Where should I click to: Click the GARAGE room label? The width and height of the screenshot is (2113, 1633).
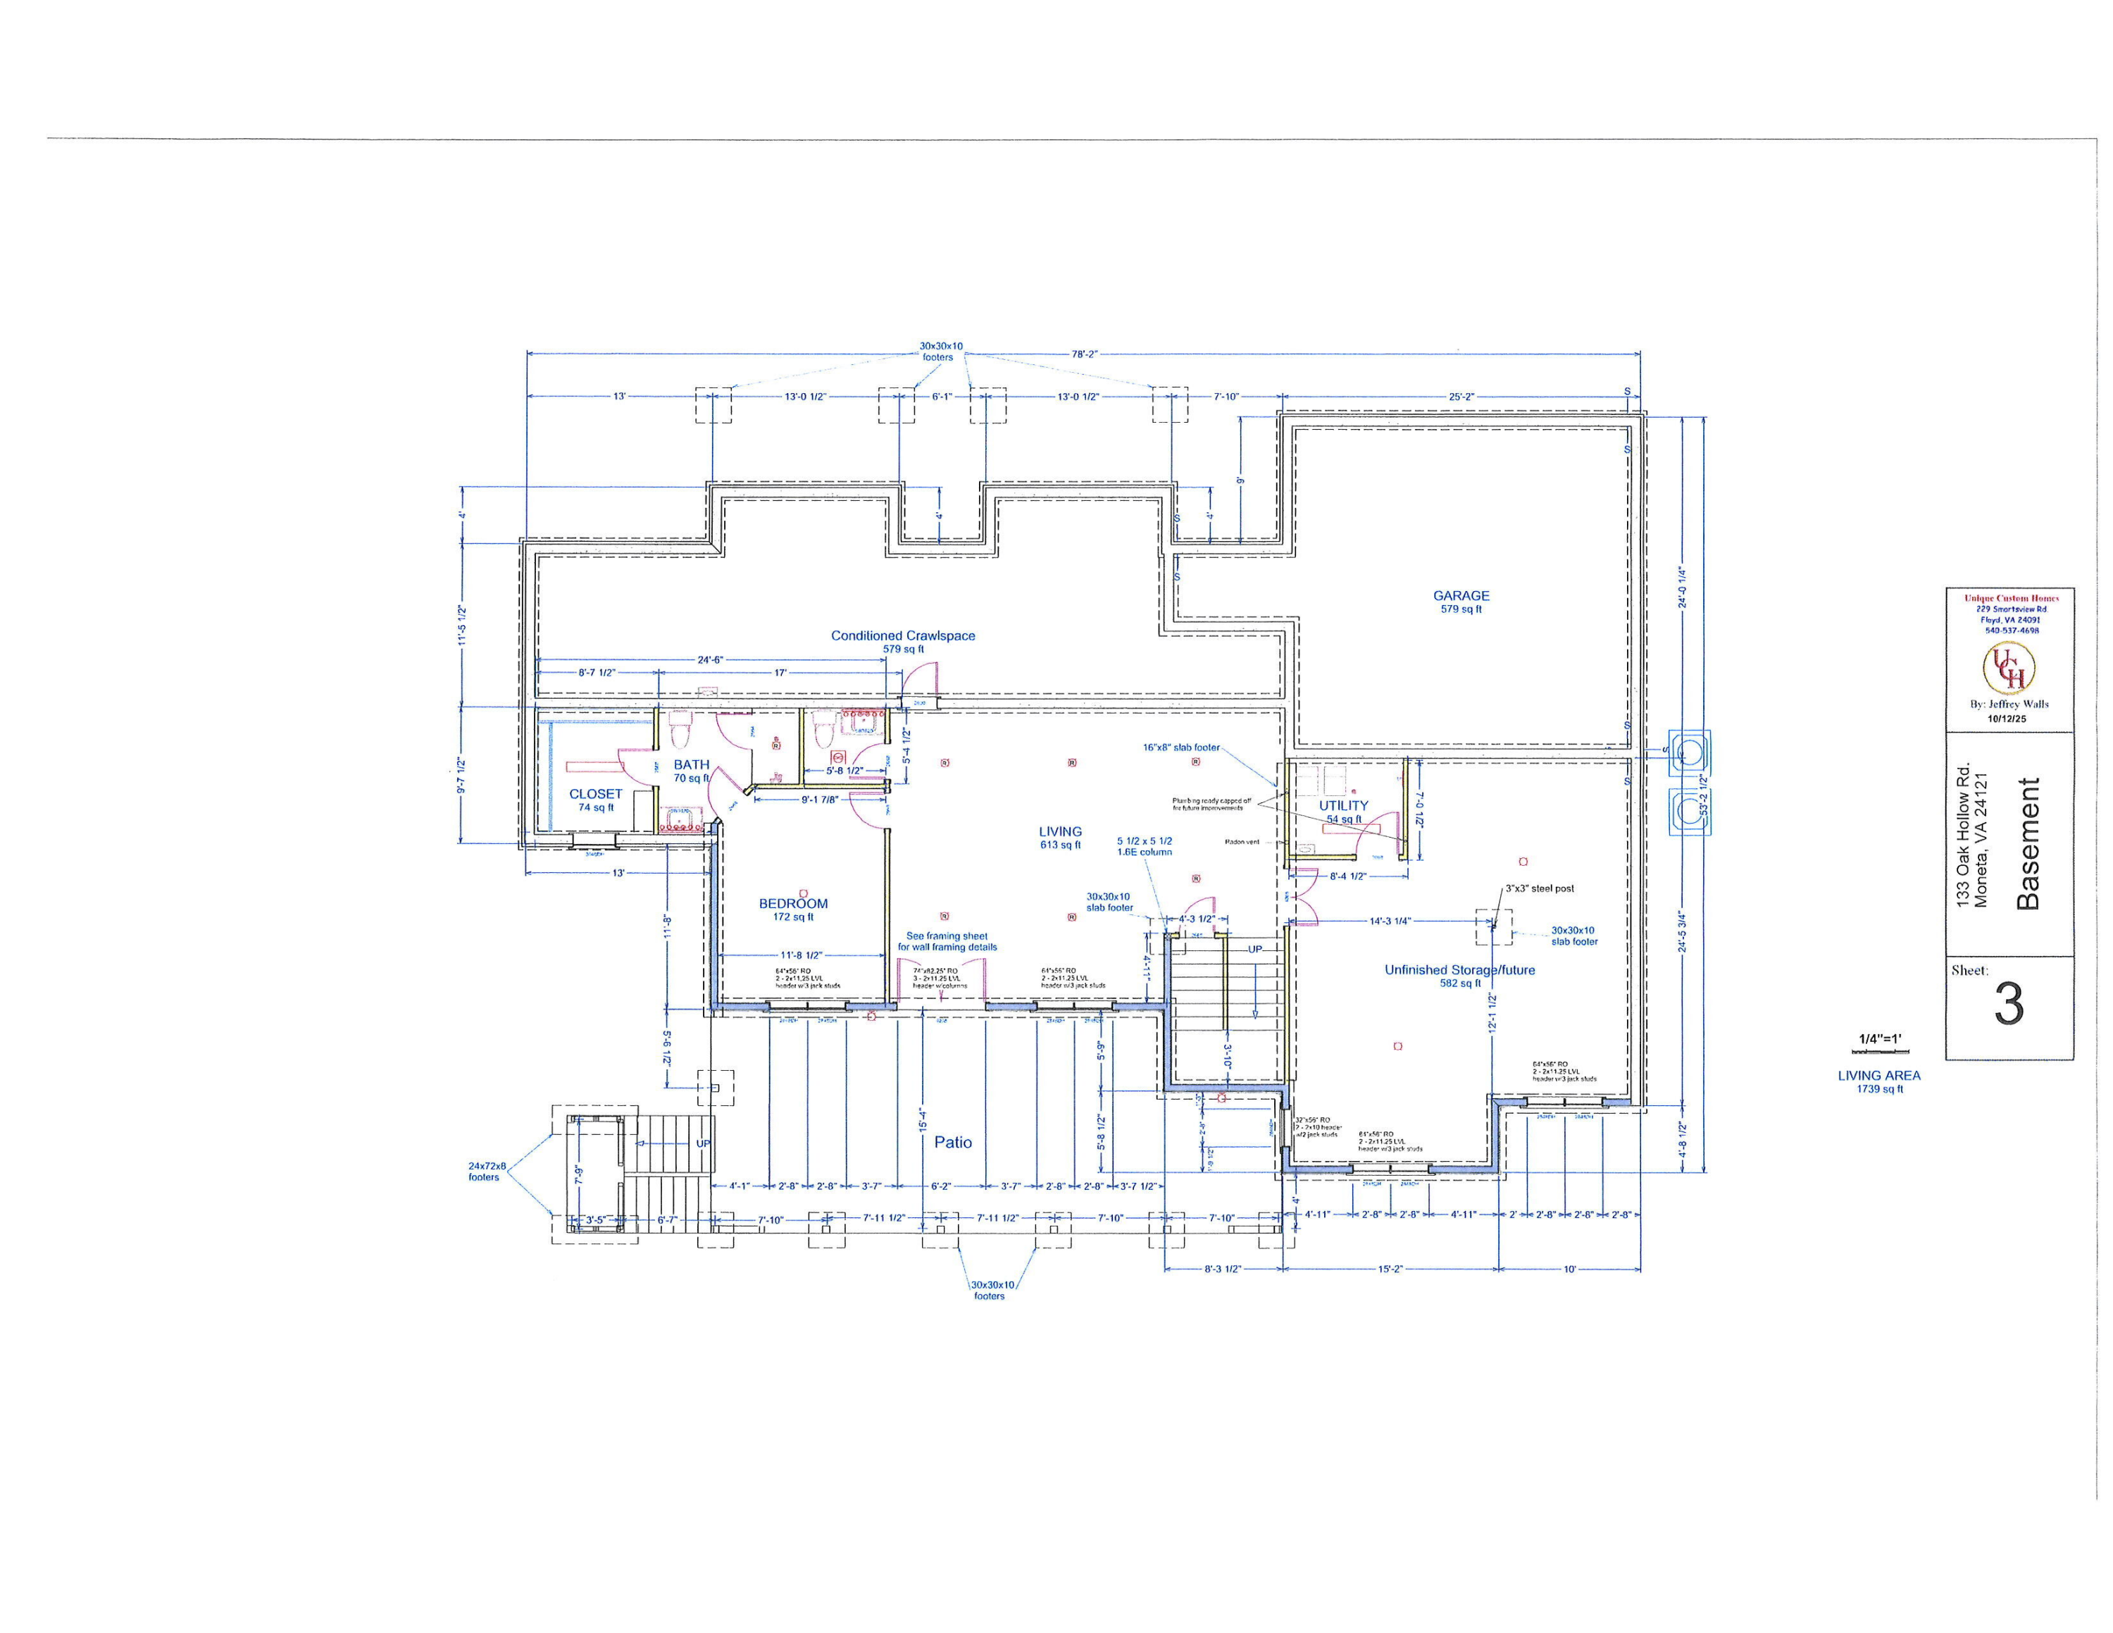pos(1461,596)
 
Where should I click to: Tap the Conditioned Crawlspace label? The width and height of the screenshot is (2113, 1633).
pos(903,635)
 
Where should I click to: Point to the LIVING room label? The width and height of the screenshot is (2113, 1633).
pos(1060,831)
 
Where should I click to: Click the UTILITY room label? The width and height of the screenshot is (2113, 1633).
pos(1344,805)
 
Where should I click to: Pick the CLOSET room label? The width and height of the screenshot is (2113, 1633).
pos(596,793)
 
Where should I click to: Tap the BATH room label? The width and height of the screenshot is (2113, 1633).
pos(692,764)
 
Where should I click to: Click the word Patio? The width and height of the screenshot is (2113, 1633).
pos(953,1141)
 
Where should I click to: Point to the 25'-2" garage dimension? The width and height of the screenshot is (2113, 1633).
pos(1461,397)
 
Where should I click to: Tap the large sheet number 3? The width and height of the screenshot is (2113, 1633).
pos(2009,1006)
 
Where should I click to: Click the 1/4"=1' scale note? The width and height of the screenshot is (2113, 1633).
pos(1880,1039)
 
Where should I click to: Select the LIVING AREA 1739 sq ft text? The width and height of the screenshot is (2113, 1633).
pos(1880,1081)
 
